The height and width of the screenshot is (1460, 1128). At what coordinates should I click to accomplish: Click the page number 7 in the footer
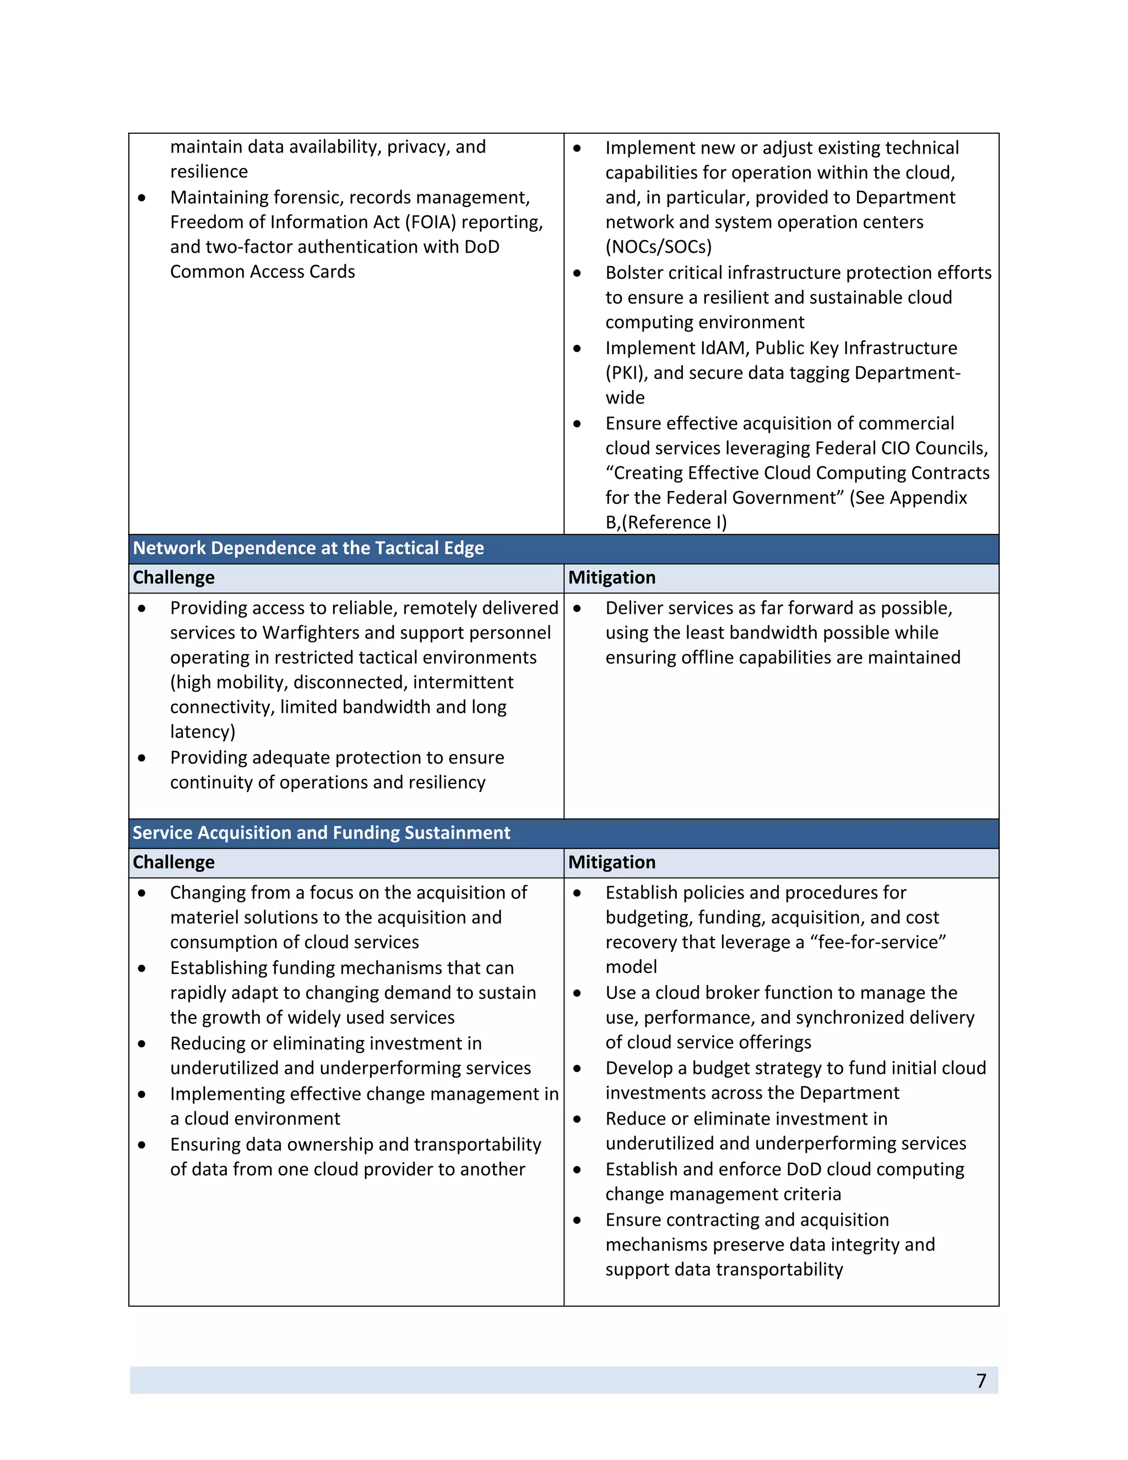980,1381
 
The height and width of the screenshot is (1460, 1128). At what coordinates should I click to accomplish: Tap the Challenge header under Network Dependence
173,577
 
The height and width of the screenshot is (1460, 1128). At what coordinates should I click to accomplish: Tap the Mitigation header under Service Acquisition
611,862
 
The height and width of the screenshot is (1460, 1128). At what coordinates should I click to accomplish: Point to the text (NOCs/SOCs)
658,247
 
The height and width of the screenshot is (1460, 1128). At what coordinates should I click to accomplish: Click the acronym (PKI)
626,373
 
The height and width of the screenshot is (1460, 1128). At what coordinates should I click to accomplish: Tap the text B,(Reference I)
665,523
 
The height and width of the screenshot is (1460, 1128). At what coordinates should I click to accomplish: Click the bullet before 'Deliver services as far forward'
577,609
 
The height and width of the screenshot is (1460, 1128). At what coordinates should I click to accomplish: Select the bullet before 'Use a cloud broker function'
577,993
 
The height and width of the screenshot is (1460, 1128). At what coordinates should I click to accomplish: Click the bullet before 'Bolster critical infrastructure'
577,273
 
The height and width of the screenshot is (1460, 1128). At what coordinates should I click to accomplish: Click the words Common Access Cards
262,272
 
